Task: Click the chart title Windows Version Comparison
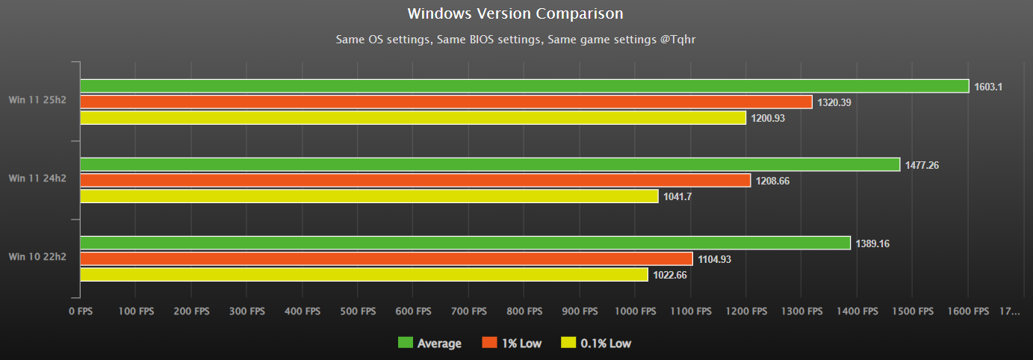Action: [x=515, y=13]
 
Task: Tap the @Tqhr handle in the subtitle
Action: [x=677, y=40]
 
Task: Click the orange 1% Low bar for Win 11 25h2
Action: [x=446, y=102]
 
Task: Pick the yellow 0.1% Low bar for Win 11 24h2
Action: [x=369, y=196]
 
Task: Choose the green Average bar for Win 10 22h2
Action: [x=465, y=243]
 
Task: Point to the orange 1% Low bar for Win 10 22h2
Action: [x=386, y=259]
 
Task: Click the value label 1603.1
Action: [x=987, y=87]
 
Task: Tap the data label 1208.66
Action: [x=775, y=181]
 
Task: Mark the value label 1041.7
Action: [x=677, y=196]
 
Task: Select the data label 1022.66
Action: [x=670, y=275]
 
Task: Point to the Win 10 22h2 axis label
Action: [x=37, y=257]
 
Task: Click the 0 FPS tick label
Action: [x=80, y=311]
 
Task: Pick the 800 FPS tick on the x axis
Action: [x=524, y=311]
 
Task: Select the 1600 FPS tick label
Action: [x=969, y=311]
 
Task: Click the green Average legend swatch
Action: [x=406, y=344]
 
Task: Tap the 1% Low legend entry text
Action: [x=521, y=344]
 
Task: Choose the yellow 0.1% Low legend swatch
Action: [x=568, y=344]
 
